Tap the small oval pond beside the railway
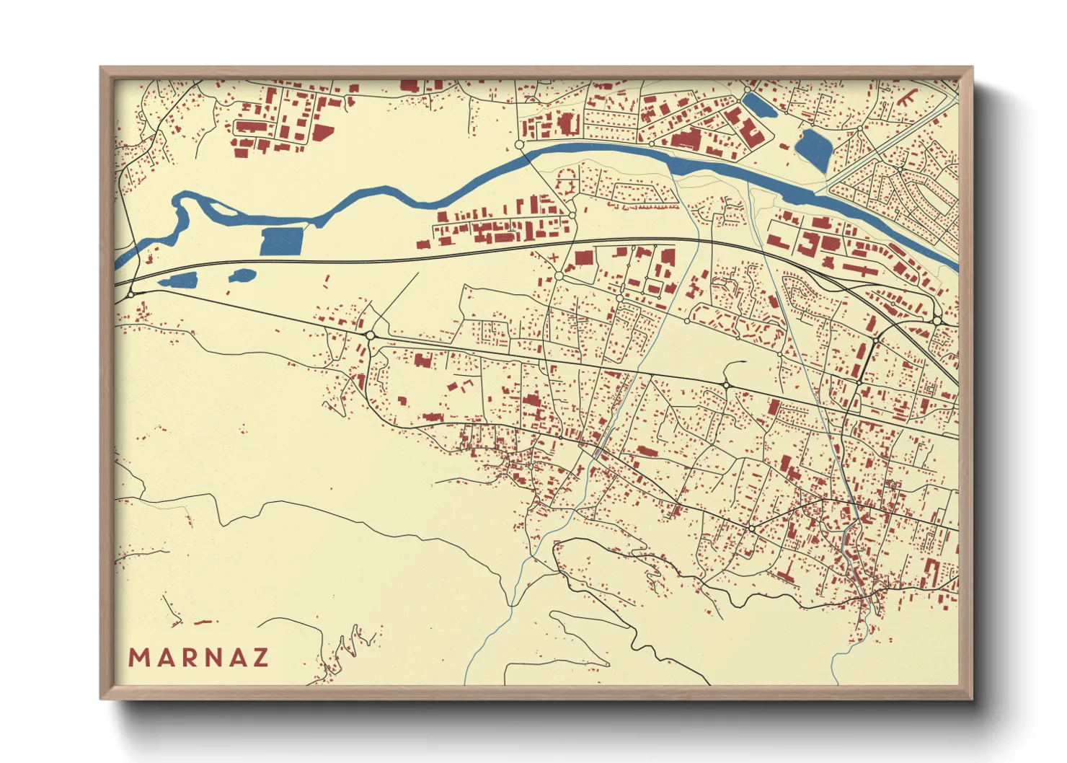point(242,275)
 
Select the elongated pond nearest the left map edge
point(178,281)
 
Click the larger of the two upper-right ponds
point(814,149)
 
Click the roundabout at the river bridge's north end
point(519,146)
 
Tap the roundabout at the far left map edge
point(130,294)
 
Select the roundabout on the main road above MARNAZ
point(370,335)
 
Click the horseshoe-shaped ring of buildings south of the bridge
point(567,177)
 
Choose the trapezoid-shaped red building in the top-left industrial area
point(322,134)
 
